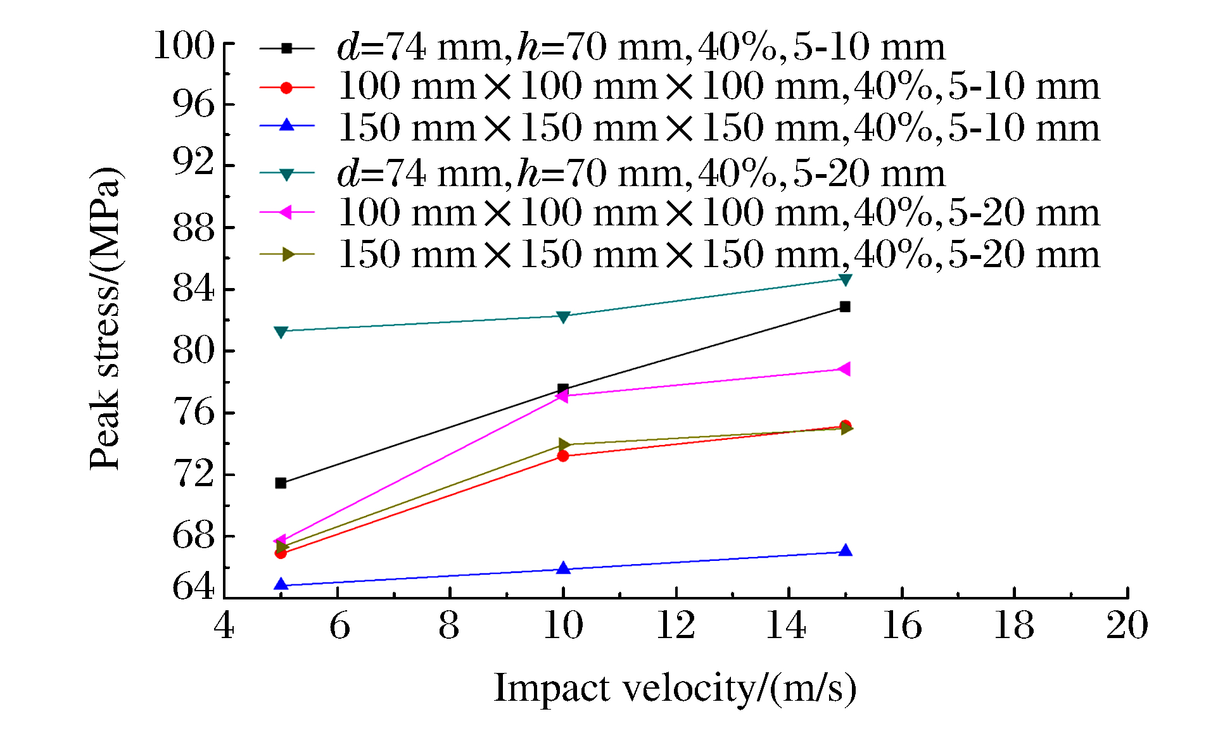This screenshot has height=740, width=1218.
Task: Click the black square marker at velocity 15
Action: click(x=844, y=306)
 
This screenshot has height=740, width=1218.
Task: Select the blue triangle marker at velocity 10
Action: click(x=563, y=568)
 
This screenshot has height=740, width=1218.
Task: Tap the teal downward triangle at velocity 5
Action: click(x=281, y=332)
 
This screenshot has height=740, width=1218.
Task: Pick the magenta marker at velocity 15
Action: click(x=844, y=369)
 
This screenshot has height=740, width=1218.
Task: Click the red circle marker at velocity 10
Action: click(x=563, y=456)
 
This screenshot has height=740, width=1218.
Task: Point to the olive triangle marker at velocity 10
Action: click(x=564, y=444)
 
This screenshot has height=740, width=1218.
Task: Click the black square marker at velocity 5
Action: click(x=281, y=483)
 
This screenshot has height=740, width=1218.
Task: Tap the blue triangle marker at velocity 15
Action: click(x=845, y=551)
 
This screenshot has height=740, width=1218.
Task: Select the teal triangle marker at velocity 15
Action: click(x=845, y=279)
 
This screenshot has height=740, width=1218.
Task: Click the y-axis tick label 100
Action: click(x=184, y=46)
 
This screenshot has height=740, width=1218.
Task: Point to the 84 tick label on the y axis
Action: click(x=193, y=290)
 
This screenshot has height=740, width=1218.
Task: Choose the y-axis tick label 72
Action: click(x=193, y=474)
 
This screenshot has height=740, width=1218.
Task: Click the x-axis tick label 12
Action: click(x=675, y=625)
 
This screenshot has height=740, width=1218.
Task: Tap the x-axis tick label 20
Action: click(x=1127, y=625)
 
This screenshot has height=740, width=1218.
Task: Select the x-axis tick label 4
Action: click(x=224, y=625)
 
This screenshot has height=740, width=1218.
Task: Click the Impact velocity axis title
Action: click(x=675, y=688)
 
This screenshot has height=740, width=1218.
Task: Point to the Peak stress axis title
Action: click(x=105, y=318)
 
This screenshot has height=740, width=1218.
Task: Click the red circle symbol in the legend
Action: click(x=286, y=87)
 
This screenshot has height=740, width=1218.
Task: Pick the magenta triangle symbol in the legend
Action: click(x=286, y=213)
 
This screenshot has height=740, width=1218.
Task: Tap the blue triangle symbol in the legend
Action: click(x=287, y=125)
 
